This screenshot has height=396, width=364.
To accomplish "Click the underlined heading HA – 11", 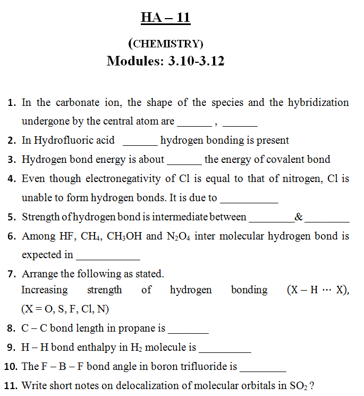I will coord(165,18).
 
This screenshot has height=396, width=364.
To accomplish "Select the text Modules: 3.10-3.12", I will coord(165,61).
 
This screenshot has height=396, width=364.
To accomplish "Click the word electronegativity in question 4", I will coord(121,179).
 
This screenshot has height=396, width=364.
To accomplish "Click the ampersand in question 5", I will coord(299,217).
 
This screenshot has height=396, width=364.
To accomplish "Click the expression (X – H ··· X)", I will coord(317,290).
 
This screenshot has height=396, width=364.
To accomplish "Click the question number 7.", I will coord(11,274).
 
